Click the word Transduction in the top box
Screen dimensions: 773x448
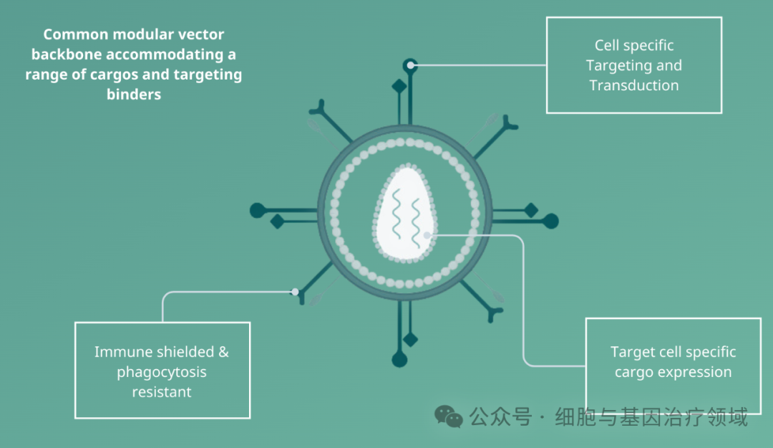click(634, 85)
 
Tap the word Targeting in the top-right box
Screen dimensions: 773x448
click(614, 66)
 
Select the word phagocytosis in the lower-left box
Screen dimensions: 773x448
click(162, 373)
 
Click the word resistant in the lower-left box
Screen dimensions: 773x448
click(162, 392)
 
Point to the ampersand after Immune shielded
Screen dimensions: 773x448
click(224, 352)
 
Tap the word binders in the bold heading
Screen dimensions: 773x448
click(134, 95)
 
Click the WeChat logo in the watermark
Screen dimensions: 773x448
click(449, 416)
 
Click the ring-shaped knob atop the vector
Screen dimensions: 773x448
click(410, 65)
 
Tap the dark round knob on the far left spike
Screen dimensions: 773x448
click(258, 211)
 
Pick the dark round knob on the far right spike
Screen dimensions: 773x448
click(550, 221)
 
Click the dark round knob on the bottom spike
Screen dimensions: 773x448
click(399, 360)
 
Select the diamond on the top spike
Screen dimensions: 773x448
click(399, 87)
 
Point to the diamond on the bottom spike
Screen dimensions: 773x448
click(410, 339)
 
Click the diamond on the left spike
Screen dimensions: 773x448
click(278, 221)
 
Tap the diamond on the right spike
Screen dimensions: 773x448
click(531, 210)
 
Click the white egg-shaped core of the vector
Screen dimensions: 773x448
click(405, 214)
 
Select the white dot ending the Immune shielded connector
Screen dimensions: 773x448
click(295, 292)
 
